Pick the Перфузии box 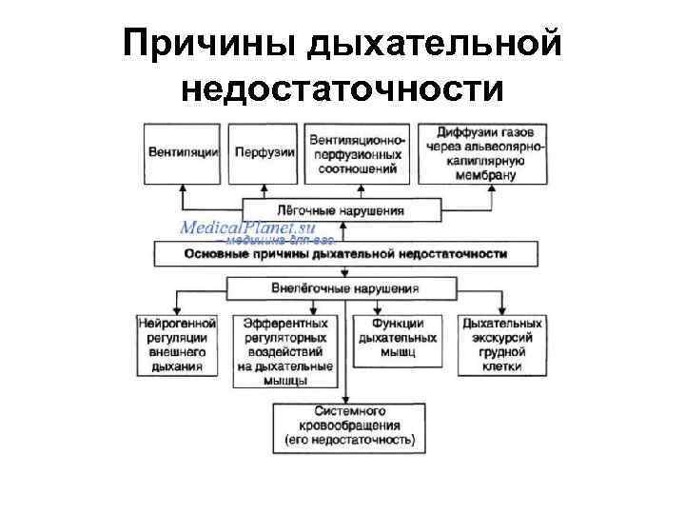[264, 152]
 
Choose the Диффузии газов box [492, 152]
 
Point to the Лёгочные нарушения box [342, 210]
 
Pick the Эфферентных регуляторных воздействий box [284, 351]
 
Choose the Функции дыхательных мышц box [399, 338]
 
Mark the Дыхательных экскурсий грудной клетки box [502, 345]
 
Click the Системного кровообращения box [349, 425]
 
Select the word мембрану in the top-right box [492, 174]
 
